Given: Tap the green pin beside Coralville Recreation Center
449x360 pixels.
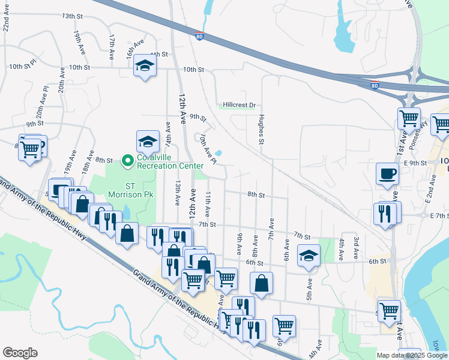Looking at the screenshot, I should pyautogui.click(x=127, y=161).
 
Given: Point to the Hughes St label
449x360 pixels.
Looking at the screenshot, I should pyautogui.click(x=261, y=130).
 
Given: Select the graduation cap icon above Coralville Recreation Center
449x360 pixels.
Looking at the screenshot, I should pyautogui.click(x=147, y=142).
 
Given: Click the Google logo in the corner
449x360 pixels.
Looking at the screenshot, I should pyautogui.click(x=20, y=353).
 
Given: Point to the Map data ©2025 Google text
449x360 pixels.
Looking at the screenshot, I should pyautogui.click(x=412, y=355).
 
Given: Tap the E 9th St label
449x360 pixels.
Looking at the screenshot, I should pyautogui.click(x=415, y=163).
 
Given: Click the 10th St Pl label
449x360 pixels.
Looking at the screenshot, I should pyautogui.click(x=23, y=68).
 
